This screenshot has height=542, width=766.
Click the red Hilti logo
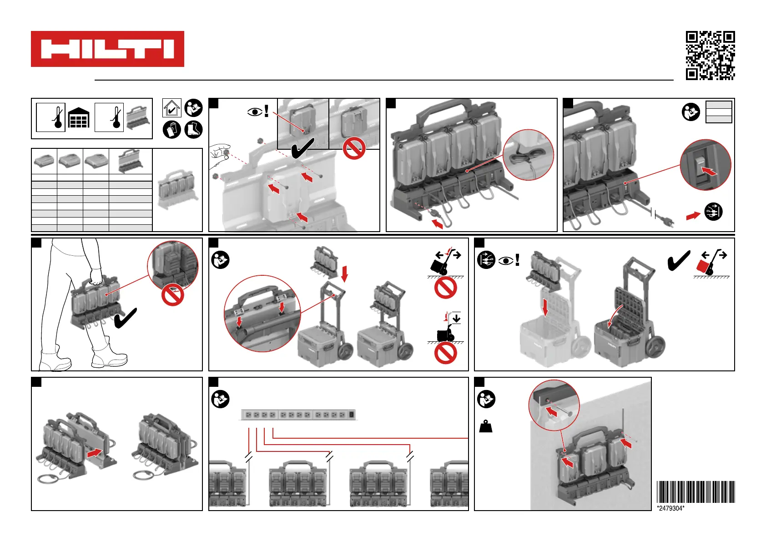point(107,49)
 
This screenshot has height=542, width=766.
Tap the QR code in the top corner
point(710,56)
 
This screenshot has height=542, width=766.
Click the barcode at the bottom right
point(695,491)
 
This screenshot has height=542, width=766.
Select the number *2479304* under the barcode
point(670,508)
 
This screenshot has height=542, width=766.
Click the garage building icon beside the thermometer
point(79,117)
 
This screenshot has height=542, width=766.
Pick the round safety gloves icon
point(172,130)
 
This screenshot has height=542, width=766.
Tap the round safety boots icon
point(193,130)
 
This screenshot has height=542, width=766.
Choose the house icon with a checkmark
point(172,108)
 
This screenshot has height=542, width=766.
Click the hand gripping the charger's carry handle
point(96,275)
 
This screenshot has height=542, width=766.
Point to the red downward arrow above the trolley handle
point(344,274)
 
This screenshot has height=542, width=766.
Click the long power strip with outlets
point(299,415)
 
